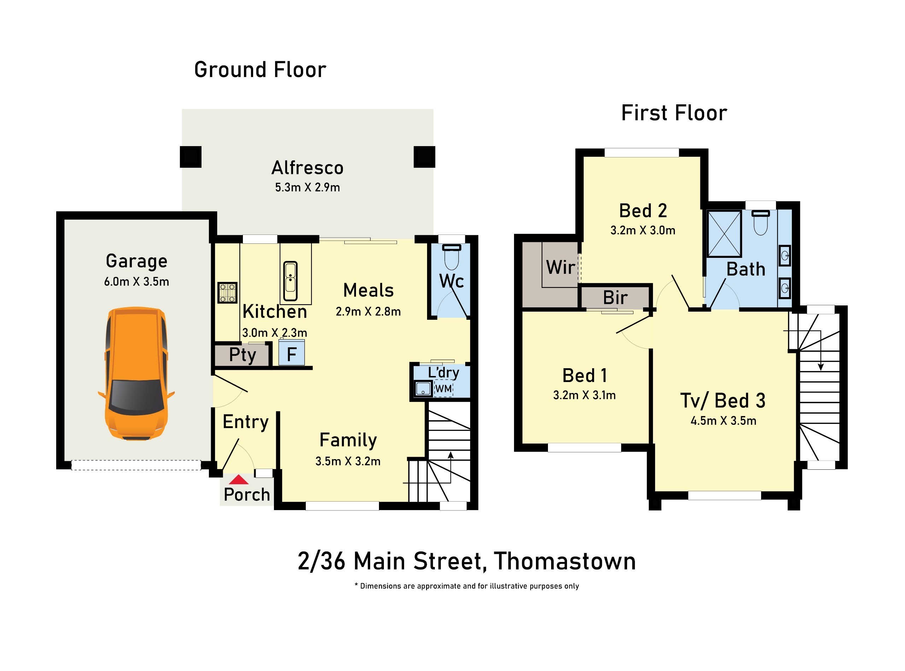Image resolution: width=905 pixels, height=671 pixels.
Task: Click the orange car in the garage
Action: tap(136, 374)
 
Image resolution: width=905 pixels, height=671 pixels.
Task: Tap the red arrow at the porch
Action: tap(239, 480)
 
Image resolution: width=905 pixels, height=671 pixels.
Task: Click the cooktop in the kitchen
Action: tap(227, 293)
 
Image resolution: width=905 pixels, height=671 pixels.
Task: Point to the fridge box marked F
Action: tap(291, 353)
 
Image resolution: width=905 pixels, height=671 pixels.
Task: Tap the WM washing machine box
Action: tap(444, 389)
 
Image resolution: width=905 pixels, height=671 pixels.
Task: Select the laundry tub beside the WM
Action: tap(423, 389)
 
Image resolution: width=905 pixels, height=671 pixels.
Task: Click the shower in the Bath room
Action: tap(724, 233)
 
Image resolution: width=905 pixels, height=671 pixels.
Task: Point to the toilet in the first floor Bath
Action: tap(760, 222)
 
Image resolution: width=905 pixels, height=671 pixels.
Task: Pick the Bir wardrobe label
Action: tap(615, 297)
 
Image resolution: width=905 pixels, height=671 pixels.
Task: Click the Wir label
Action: tap(560, 267)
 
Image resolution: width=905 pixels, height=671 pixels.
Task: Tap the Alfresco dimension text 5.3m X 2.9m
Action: tap(307, 187)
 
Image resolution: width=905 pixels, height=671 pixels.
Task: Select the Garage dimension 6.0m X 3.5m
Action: tap(136, 282)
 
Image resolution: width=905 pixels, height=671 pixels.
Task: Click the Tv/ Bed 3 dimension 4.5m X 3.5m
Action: tap(723, 420)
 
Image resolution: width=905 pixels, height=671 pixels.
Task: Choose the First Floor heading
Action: tap(674, 113)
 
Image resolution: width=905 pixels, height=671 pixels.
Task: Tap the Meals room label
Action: tap(368, 290)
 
